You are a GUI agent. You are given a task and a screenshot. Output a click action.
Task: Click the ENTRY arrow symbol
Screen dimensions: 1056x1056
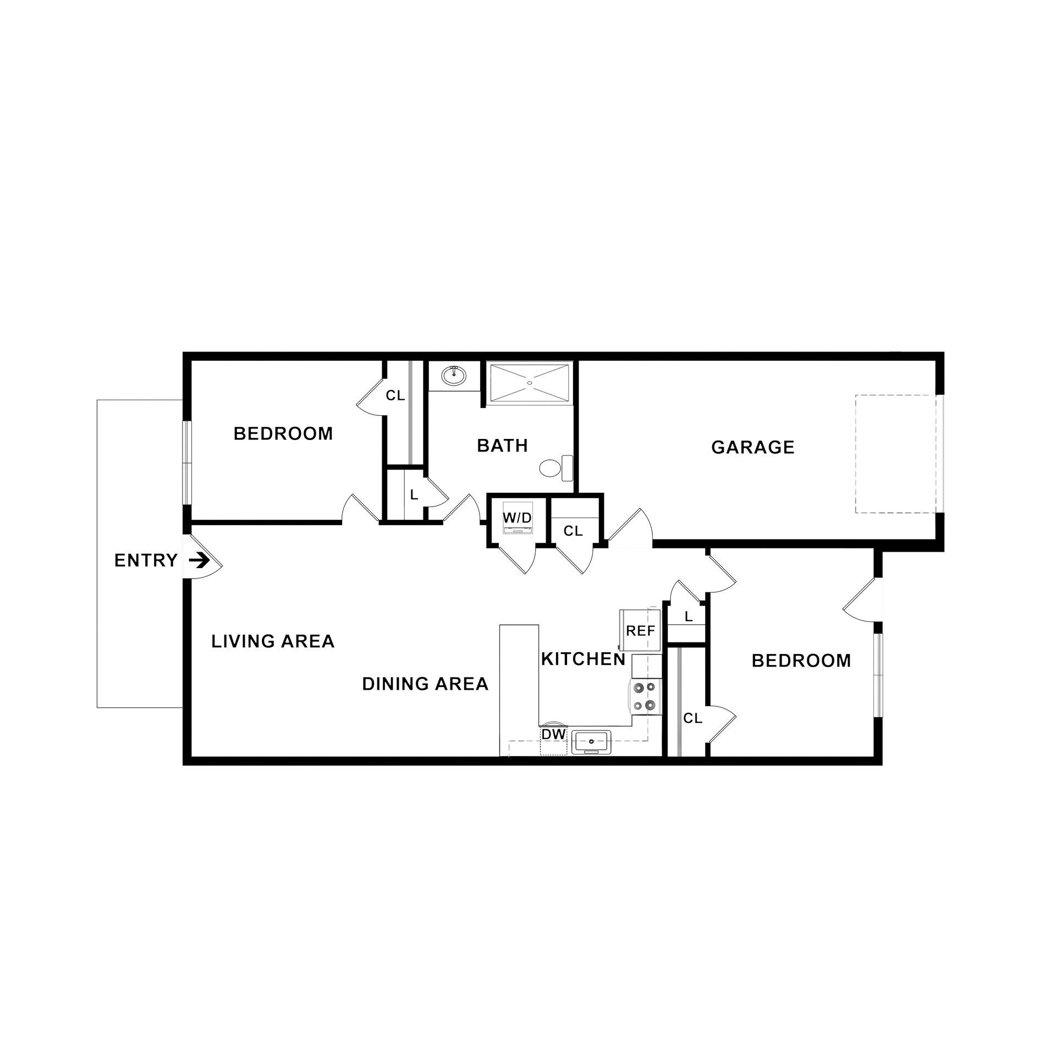[x=199, y=560]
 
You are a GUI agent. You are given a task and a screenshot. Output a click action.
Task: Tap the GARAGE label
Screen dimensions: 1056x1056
[x=752, y=447]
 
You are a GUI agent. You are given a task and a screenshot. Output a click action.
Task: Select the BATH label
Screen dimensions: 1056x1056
[x=502, y=445]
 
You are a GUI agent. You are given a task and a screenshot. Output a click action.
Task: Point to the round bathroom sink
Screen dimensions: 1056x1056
[x=454, y=376]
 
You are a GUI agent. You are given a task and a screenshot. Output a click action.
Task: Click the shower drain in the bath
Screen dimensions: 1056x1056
[x=530, y=382]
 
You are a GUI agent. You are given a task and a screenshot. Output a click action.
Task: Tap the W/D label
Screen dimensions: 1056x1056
[x=518, y=518]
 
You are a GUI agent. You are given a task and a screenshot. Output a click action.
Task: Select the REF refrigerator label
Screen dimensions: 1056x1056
[x=641, y=631]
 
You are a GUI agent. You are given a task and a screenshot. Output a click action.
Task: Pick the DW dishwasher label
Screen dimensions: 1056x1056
[x=553, y=734]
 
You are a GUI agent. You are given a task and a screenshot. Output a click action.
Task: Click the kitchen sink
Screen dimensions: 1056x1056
[x=591, y=742]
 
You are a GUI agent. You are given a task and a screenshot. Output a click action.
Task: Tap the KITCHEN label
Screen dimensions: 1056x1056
[x=583, y=659]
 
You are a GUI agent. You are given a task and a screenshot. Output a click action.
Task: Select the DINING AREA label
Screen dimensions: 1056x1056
[x=425, y=684]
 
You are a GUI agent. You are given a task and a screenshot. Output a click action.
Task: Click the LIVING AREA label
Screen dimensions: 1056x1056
[x=273, y=641]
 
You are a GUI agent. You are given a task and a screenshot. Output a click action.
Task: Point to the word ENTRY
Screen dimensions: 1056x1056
[x=146, y=560]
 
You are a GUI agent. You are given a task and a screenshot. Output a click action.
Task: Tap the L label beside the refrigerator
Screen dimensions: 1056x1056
[x=688, y=617]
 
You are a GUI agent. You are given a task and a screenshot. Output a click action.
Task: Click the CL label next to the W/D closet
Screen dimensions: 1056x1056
[x=573, y=531]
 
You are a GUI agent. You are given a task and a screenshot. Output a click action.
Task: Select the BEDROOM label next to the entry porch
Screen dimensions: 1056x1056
[x=283, y=433]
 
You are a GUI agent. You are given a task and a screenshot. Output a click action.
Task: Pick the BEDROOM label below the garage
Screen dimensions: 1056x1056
[x=801, y=660]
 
